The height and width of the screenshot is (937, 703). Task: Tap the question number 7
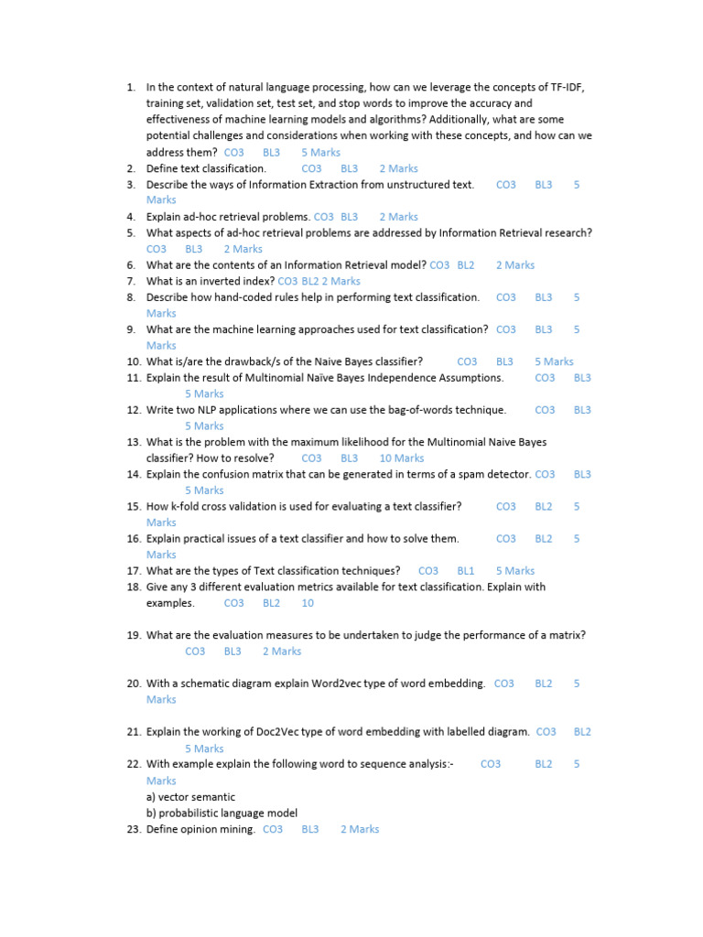click(132, 282)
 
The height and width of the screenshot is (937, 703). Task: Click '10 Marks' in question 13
click(402, 458)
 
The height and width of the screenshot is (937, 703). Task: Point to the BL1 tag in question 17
click(466, 571)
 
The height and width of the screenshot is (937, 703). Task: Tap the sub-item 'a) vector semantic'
click(190, 797)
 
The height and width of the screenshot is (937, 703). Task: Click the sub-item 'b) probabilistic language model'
click(222, 813)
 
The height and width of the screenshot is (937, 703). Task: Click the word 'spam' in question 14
click(470, 475)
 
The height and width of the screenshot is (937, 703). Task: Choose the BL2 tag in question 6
click(466, 265)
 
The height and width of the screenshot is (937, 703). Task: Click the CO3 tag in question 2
click(311, 168)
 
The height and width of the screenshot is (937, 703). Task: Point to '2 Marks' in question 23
click(360, 830)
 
